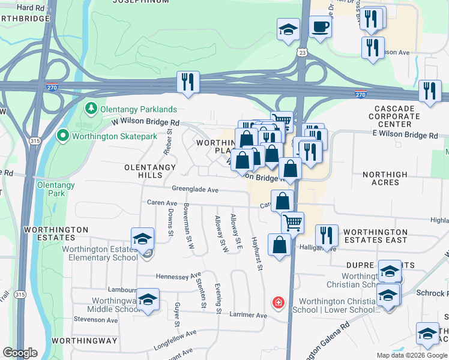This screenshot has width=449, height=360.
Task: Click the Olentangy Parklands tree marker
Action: coord(91,109)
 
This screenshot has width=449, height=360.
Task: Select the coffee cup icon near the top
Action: coord(320,27)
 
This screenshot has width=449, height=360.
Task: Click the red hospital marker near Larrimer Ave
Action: coord(278,302)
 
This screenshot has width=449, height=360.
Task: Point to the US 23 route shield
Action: coord(301,53)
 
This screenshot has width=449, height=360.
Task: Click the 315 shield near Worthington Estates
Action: coord(20,295)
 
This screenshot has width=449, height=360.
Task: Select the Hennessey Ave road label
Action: coord(178,276)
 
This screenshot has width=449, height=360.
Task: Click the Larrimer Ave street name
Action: coord(248,315)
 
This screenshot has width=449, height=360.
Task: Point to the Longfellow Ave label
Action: coord(175,336)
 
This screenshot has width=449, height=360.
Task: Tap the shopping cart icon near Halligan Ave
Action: coord(292,222)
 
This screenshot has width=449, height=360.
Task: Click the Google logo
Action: coord(20,353)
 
